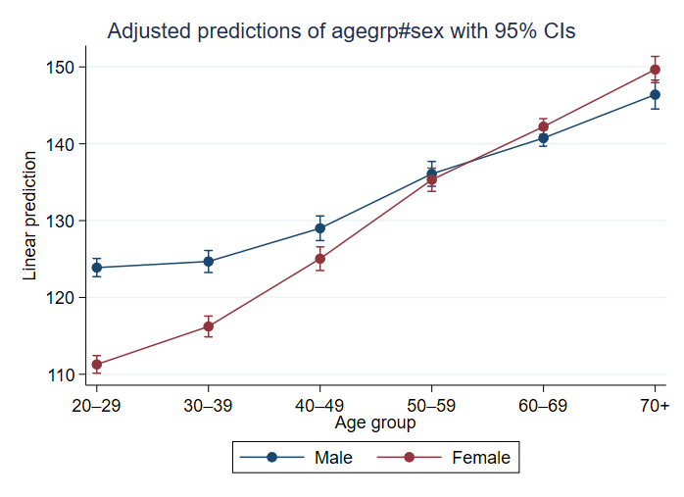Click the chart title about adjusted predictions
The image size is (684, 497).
click(x=341, y=31)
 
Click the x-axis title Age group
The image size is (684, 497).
click(x=375, y=423)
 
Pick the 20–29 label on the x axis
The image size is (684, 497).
click(x=96, y=406)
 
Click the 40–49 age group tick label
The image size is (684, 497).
click(x=319, y=406)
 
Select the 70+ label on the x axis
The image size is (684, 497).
click(x=655, y=406)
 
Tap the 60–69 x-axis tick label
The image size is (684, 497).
click(x=543, y=406)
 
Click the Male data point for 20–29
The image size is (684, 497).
click(x=97, y=268)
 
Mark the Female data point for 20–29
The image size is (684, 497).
click(x=97, y=365)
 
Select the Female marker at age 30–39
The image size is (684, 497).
click(x=209, y=326)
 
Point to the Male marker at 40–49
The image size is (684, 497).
click(x=320, y=228)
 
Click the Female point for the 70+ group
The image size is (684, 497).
click(x=656, y=70)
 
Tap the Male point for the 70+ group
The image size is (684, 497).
click(x=656, y=95)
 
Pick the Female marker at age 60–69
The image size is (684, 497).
click(x=544, y=126)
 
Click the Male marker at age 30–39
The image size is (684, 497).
click(x=209, y=262)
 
